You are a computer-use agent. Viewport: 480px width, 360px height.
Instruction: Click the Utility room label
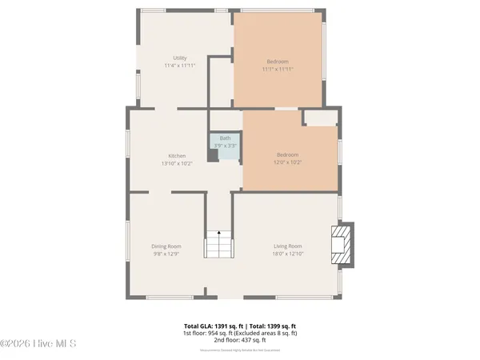click(x=180, y=58)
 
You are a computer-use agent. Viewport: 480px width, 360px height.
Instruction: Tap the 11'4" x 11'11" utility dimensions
click(x=180, y=66)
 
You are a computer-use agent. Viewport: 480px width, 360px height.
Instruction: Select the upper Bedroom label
click(x=278, y=62)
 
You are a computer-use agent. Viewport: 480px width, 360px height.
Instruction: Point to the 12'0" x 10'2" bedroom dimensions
click(x=288, y=162)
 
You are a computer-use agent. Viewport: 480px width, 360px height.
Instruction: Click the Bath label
click(x=226, y=138)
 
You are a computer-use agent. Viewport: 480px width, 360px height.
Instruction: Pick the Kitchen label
click(x=177, y=155)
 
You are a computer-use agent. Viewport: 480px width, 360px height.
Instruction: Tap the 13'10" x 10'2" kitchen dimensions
click(x=177, y=163)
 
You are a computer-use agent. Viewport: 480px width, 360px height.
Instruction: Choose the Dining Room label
click(x=167, y=246)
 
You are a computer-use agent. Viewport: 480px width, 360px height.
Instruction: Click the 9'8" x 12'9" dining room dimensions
click(x=167, y=254)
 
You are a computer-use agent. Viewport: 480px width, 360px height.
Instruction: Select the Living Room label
click(x=288, y=246)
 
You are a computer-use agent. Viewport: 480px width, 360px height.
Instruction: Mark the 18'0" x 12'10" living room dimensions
click(x=288, y=254)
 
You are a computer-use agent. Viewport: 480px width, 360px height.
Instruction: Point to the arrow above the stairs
click(x=219, y=230)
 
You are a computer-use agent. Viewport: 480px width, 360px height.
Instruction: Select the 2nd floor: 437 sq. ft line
click(x=240, y=340)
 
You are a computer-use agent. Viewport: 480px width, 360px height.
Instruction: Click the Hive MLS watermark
click(x=38, y=344)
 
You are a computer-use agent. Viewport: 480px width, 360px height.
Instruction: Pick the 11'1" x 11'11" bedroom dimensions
click(x=278, y=70)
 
